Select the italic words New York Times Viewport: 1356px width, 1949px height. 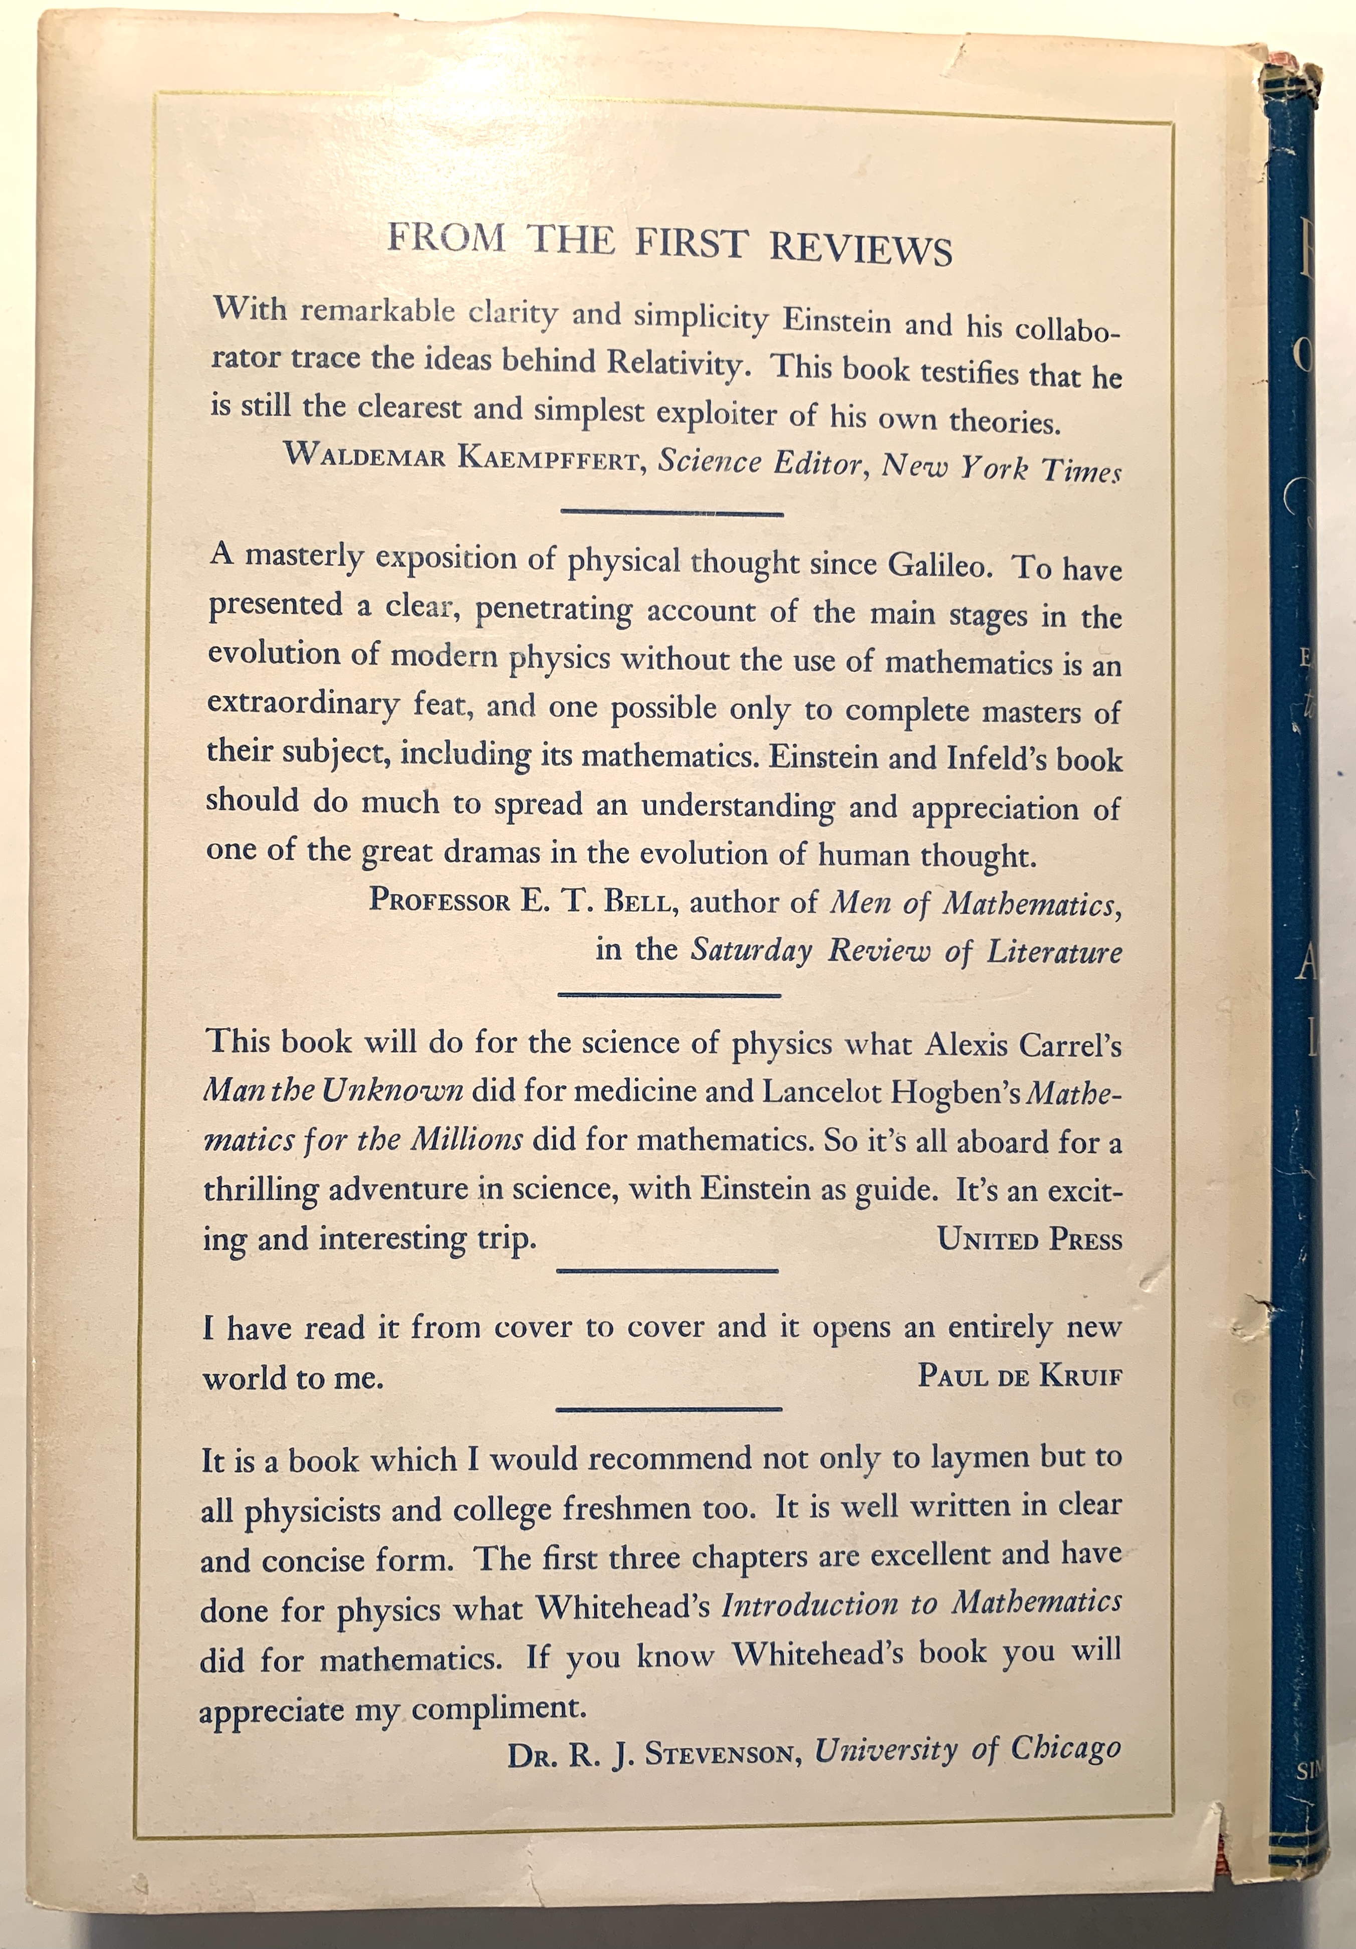[x=1001, y=468]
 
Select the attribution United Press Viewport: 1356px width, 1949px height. [x=1029, y=1240]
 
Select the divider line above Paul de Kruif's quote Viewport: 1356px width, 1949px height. [x=667, y=1271]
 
